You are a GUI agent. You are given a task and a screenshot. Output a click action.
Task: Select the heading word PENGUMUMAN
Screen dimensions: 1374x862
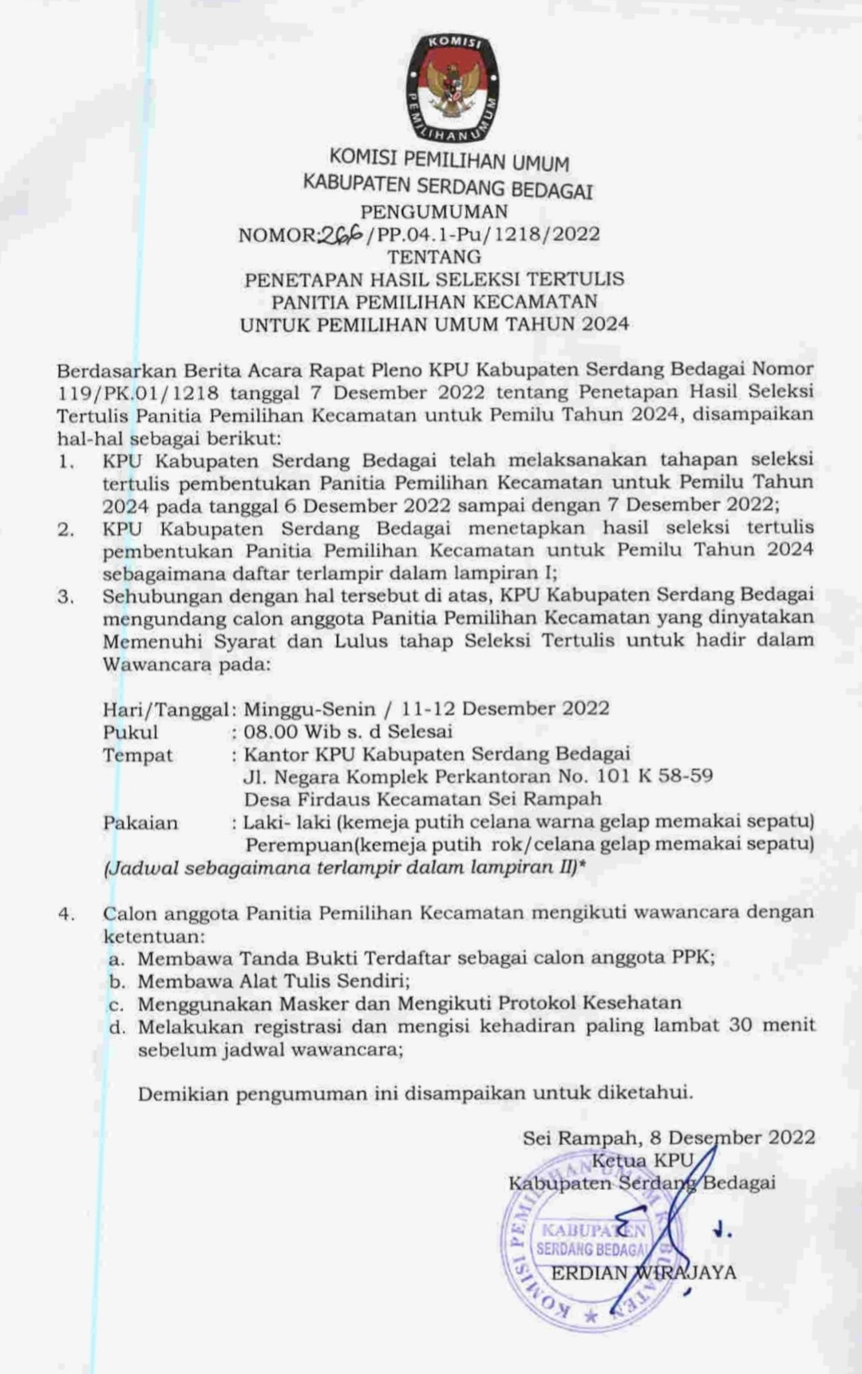tap(434, 211)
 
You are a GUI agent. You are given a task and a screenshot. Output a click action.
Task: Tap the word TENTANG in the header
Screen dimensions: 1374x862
tap(434, 257)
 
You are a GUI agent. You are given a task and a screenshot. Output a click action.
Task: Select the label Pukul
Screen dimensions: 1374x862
tap(130, 732)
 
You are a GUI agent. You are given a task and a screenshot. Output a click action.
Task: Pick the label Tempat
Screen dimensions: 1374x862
tap(137, 755)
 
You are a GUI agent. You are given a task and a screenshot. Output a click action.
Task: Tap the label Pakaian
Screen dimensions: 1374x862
tap(140, 823)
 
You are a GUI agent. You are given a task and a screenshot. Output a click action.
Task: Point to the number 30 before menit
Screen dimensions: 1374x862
tap(740, 1026)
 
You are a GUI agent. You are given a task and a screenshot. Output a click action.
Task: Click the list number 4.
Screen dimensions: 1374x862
tap(65, 914)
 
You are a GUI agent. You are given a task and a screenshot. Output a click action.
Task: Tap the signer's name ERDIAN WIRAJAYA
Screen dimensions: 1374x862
tap(643, 1273)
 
